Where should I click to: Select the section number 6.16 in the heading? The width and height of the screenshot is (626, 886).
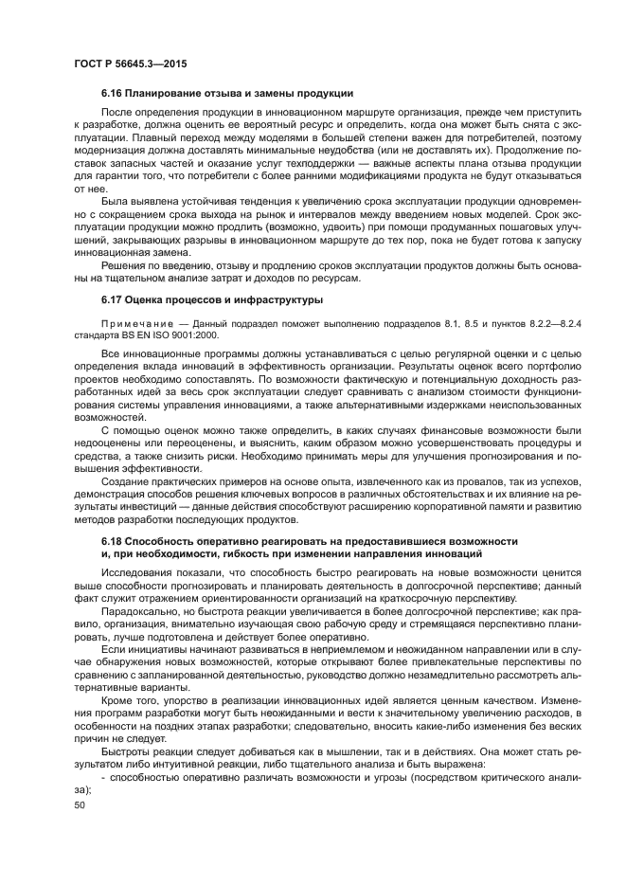coord(113,93)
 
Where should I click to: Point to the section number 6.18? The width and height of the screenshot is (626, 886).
coord(113,540)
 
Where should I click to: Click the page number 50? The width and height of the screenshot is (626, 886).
coord(79,804)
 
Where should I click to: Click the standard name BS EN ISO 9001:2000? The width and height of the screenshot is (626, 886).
coord(142,335)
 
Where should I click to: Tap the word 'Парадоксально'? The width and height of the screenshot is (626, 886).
coord(142,612)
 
